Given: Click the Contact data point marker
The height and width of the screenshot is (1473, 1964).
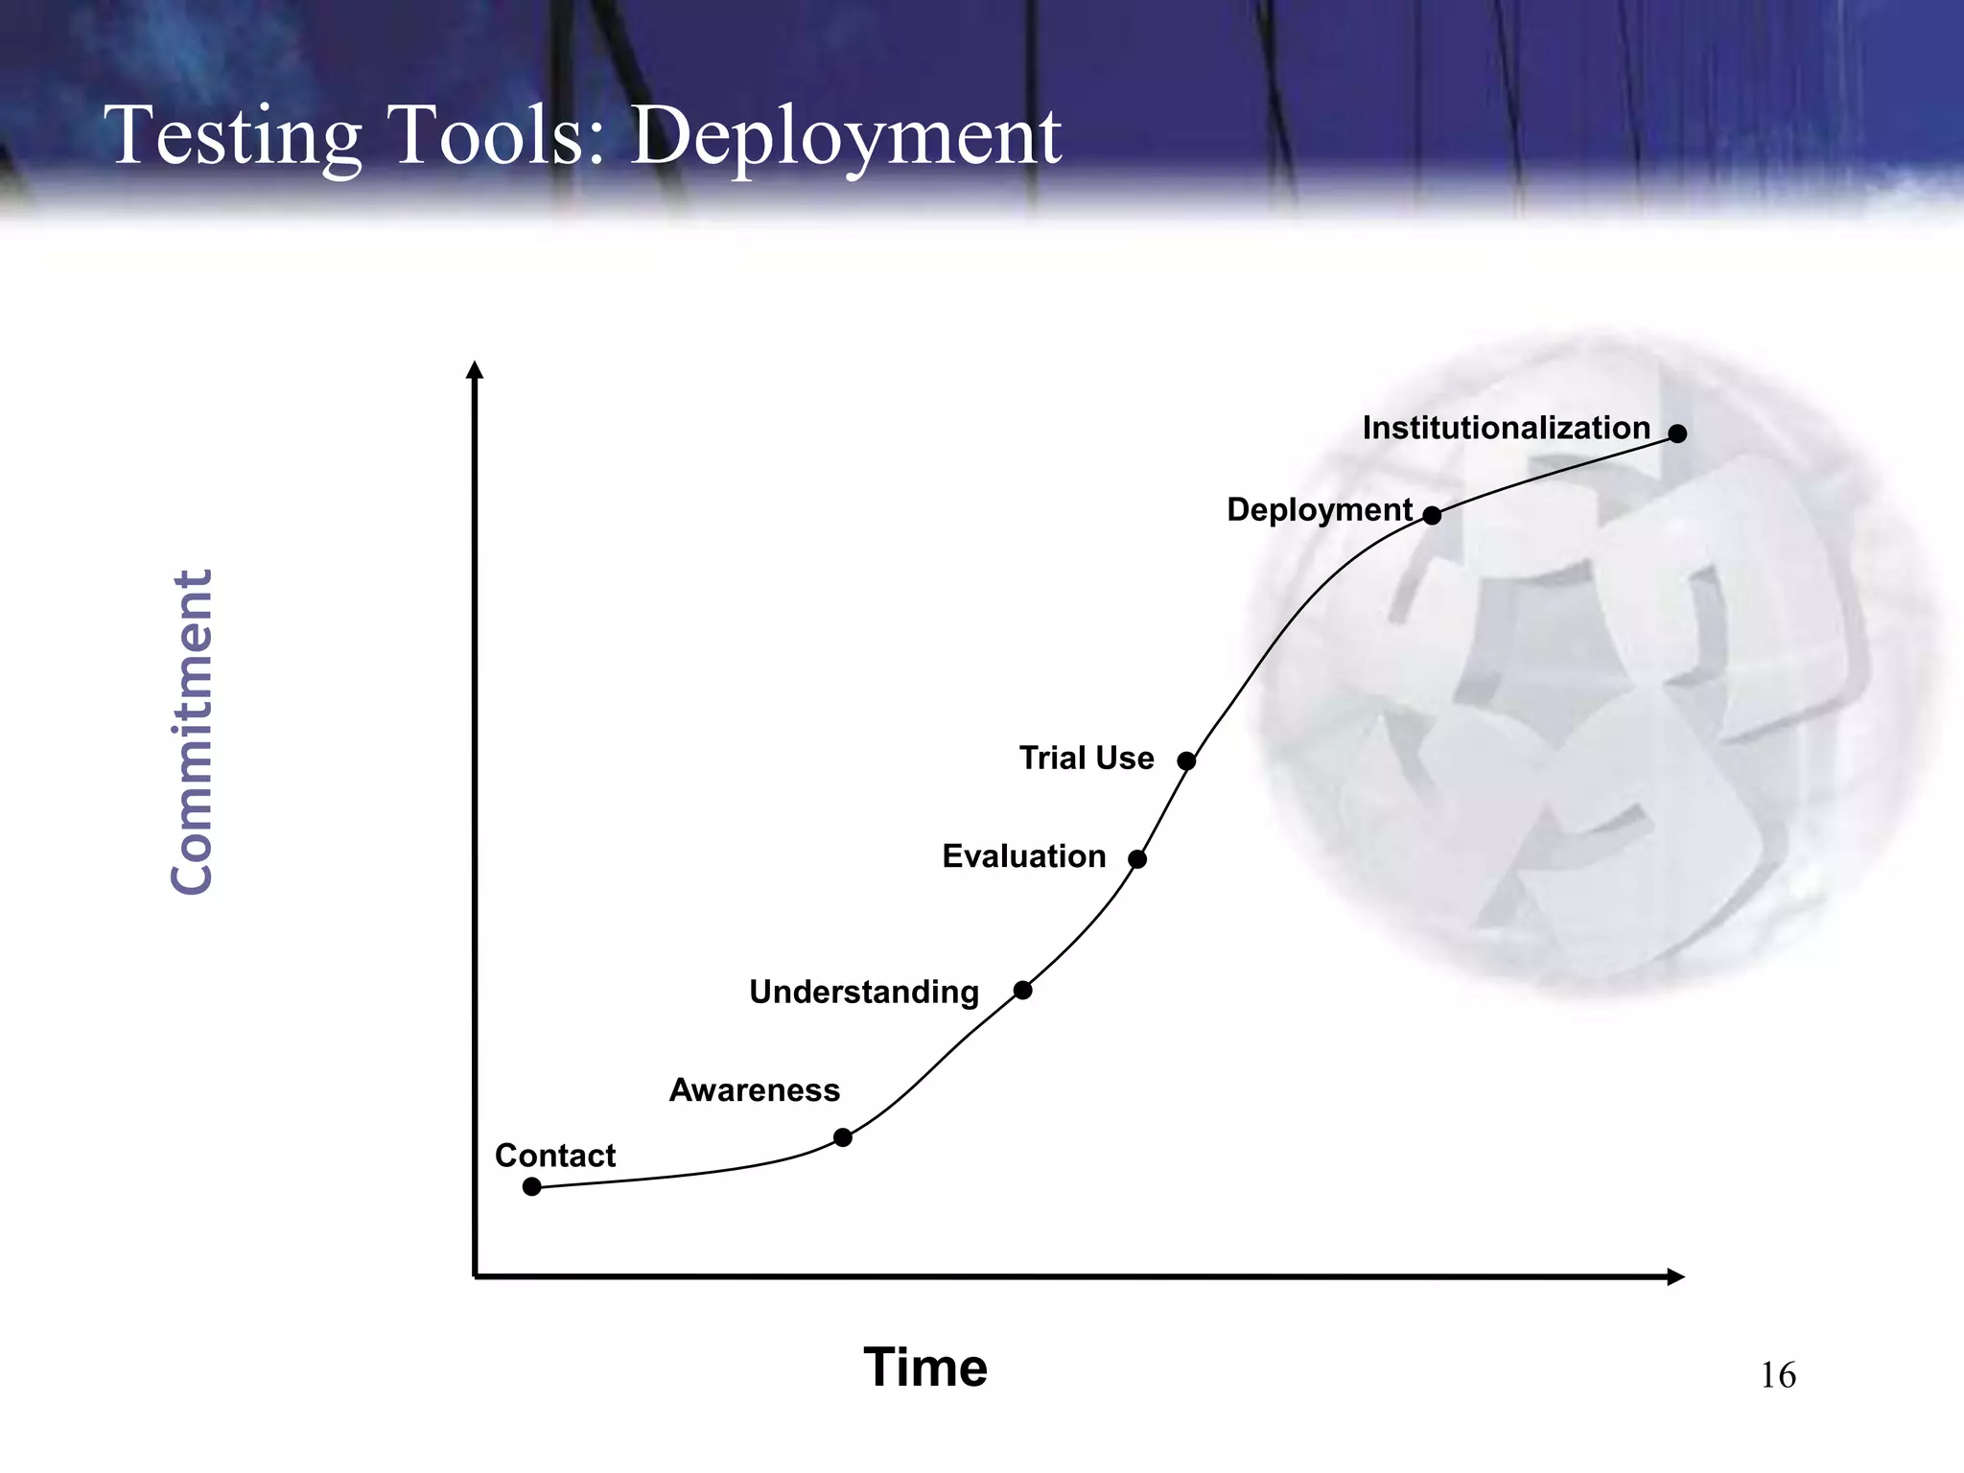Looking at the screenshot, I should (x=532, y=1187).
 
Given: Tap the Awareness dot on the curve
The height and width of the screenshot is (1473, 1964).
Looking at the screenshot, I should (x=843, y=1137).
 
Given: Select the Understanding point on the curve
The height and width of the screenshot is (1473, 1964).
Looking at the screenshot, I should (x=1023, y=990).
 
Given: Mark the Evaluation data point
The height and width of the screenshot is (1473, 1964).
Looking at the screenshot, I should (x=1137, y=859).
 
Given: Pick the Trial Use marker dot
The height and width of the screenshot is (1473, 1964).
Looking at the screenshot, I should (x=1186, y=761).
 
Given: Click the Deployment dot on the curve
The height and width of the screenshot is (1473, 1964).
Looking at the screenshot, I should (x=1432, y=515).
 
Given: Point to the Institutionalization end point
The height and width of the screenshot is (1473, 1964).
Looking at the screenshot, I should (x=1677, y=433).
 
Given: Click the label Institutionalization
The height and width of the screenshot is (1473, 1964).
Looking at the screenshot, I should (x=1506, y=428).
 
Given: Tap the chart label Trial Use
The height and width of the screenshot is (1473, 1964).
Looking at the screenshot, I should (x=1086, y=759).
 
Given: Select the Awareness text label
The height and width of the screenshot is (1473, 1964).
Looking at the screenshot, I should (x=754, y=1090).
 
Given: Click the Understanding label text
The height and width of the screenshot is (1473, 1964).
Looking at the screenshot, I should (x=863, y=992).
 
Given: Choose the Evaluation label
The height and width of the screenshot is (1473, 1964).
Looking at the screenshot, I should (x=1023, y=856).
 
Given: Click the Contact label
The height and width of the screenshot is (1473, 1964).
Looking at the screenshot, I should (x=554, y=1156).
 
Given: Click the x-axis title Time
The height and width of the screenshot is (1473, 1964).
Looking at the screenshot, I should (x=924, y=1367).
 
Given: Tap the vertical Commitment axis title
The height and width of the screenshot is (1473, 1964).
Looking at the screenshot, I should (x=192, y=732).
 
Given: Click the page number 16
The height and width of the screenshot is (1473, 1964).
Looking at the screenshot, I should (x=1777, y=1375).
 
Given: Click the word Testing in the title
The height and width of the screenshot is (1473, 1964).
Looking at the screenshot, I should (x=236, y=136).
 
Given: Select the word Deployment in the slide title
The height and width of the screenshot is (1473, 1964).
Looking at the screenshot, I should (x=845, y=136).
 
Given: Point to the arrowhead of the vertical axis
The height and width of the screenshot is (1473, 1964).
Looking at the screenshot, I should (x=474, y=370).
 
